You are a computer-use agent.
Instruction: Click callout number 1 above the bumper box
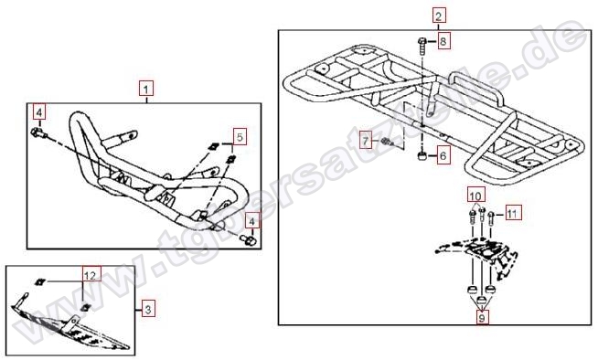[146, 90]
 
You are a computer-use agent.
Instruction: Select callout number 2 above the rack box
[439, 16]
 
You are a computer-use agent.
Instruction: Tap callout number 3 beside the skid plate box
[148, 309]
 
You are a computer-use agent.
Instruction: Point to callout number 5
[240, 137]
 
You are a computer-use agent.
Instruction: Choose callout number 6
[443, 155]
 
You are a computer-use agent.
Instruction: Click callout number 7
[366, 142]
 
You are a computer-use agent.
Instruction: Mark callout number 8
[443, 41]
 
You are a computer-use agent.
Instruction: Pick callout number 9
[482, 317]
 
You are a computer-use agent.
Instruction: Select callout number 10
[475, 196]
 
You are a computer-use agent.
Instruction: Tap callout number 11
[512, 213]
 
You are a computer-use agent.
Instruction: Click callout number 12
[91, 274]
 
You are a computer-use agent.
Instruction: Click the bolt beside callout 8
[422, 46]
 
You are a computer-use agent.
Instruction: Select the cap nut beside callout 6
[422, 156]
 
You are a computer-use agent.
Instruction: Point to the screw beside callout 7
[387, 143]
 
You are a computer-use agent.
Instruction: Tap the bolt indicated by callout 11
[490, 217]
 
